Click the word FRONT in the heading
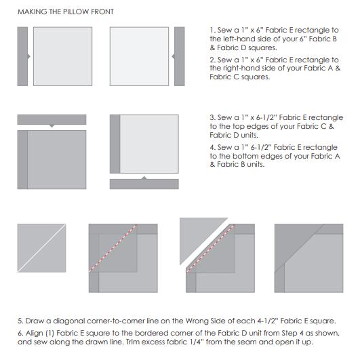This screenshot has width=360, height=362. [102, 12]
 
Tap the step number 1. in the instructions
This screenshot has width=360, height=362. [213, 30]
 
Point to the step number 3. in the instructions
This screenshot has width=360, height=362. [213, 117]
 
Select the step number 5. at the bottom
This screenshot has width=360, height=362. [20, 321]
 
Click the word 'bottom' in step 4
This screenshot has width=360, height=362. [245, 156]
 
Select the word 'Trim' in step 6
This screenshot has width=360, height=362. [130, 342]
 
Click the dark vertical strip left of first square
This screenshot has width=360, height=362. [22, 56]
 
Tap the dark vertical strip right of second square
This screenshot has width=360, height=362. [180, 56]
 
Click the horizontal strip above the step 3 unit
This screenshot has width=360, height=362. [52, 119]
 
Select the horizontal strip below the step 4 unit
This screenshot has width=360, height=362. [144, 184]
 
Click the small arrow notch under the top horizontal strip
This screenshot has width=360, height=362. [52, 126]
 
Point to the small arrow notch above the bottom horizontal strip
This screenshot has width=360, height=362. [144, 178]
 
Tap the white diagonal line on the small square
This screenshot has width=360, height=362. [41, 248]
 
